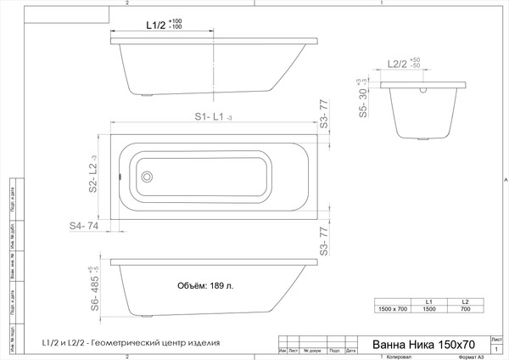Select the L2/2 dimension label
click(398, 64)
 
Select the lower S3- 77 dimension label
click(323, 242)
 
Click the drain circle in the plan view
click(147, 177)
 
